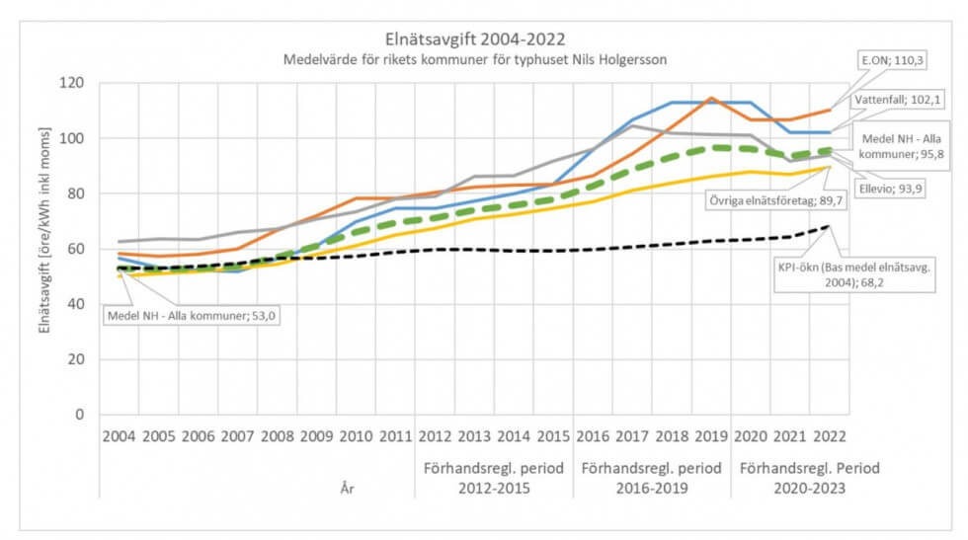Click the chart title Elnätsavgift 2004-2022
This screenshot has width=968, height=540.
[x=482, y=40]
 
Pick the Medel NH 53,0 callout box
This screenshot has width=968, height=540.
[x=189, y=316]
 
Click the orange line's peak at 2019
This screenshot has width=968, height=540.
[x=708, y=98]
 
